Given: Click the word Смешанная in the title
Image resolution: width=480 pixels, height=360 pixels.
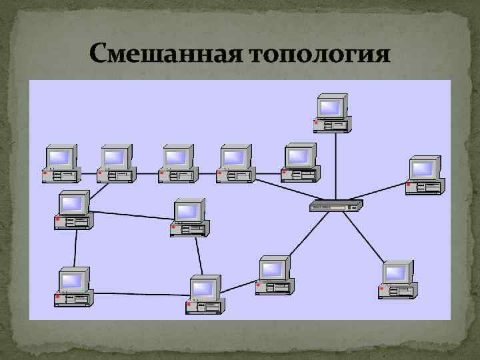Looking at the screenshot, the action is (x=165, y=53).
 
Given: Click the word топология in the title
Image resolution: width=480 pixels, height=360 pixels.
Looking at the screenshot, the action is (x=319, y=54).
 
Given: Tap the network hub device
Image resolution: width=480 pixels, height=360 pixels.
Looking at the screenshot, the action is (x=336, y=206).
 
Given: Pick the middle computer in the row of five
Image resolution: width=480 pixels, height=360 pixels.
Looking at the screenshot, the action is (x=177, y=163).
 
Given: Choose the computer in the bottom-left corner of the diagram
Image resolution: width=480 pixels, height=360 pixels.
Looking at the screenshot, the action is (x=74, y=286).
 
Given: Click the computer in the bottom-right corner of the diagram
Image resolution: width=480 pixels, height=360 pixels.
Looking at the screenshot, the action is (x=397, y=279).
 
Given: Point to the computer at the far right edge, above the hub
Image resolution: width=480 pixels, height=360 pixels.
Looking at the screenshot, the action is (x=425, y=175).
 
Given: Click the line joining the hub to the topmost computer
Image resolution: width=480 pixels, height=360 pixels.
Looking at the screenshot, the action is (x=334, y=167).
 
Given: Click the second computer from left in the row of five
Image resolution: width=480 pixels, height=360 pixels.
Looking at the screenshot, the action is (x=116, y=163).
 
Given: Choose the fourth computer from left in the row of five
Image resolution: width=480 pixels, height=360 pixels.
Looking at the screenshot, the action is (x=234, y=163).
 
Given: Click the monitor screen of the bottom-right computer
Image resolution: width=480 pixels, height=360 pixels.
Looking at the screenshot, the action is (x=396, y=272).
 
